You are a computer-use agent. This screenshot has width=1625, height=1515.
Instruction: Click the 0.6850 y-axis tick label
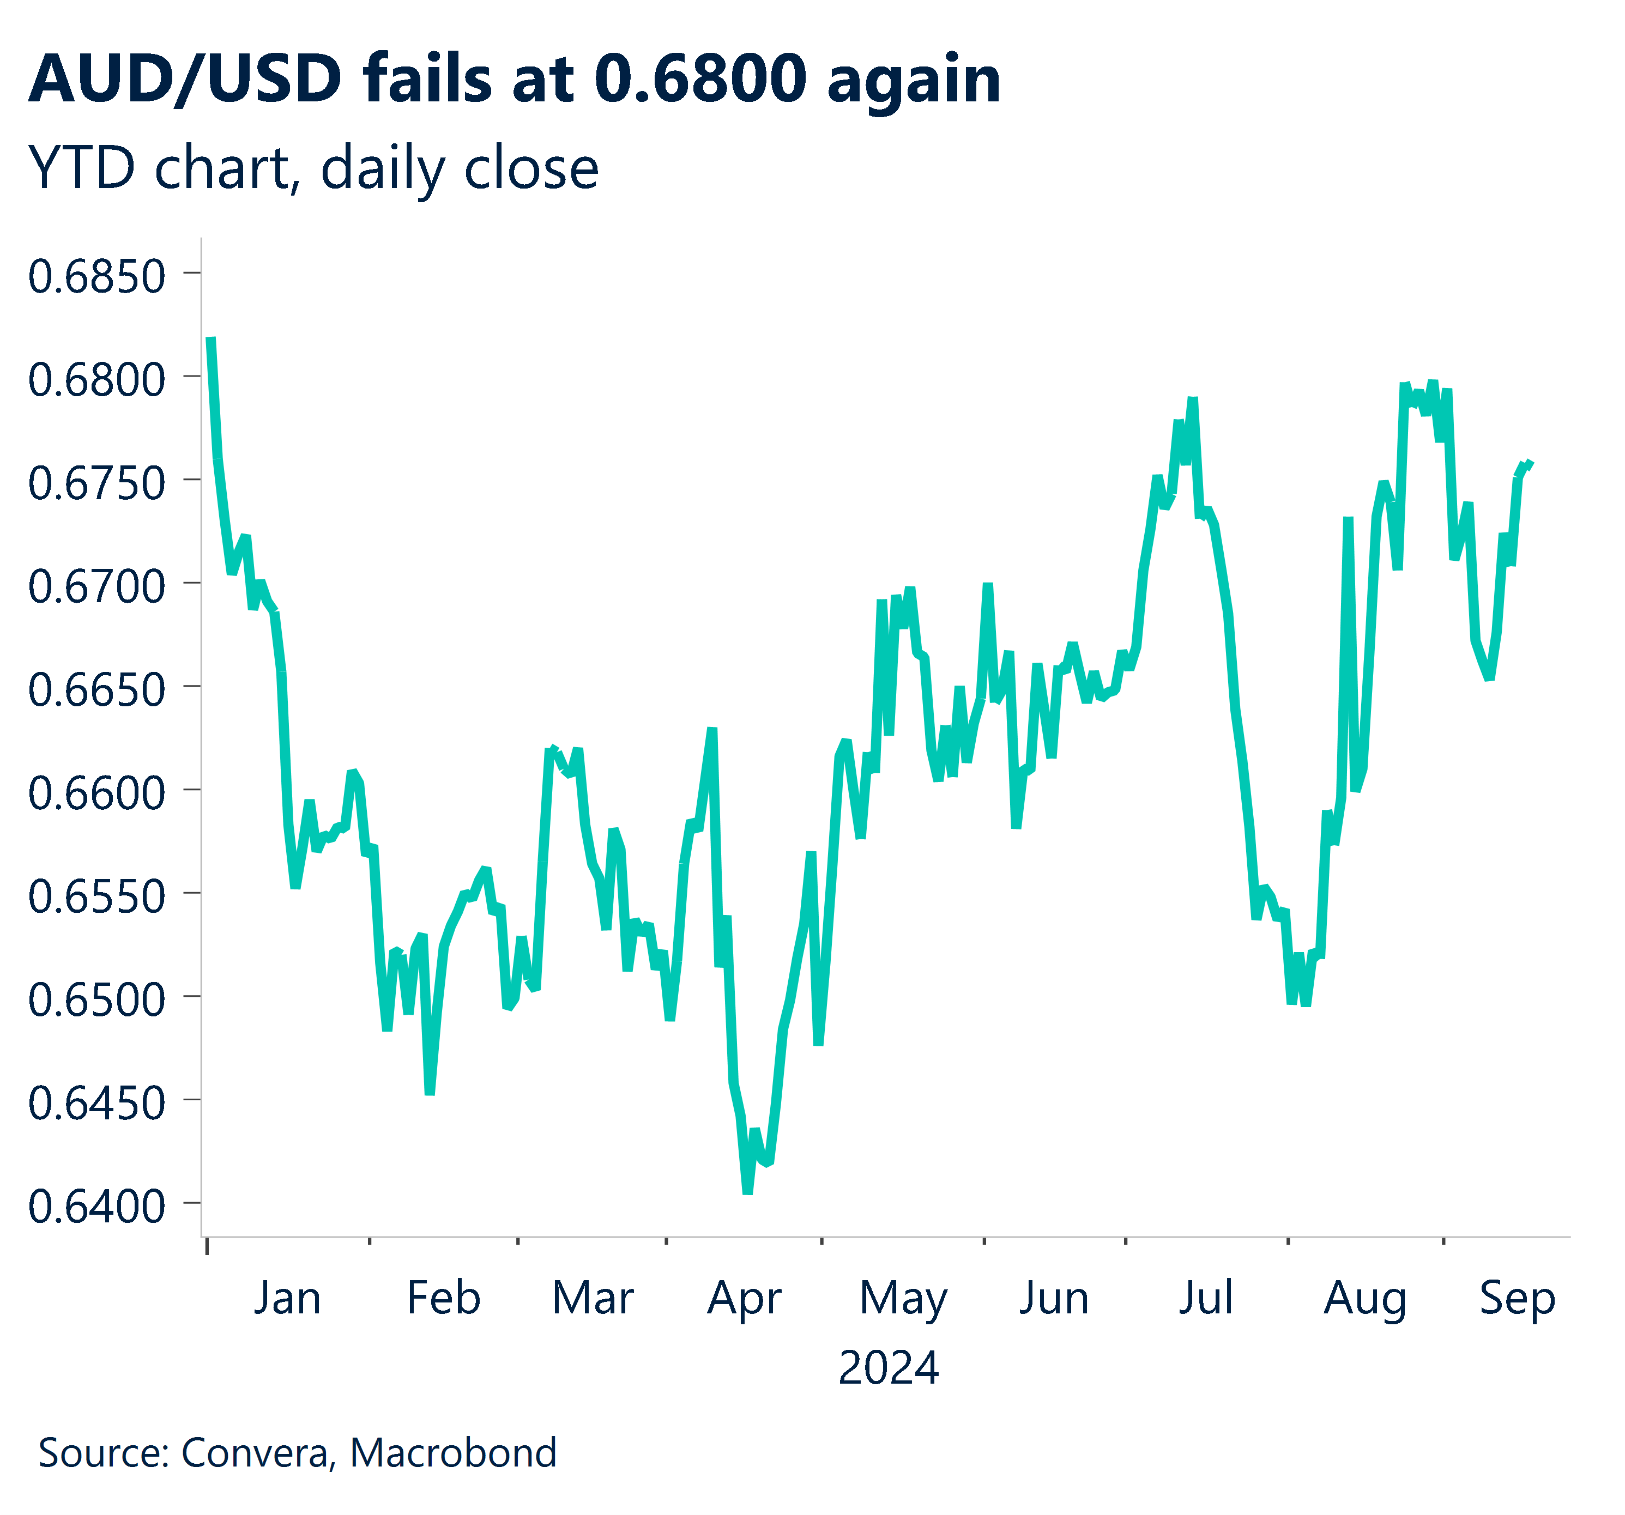pyautogui.click(x=96, y=276)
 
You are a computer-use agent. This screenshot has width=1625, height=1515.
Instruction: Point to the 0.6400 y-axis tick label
pyautogui.click(x=96, y=1207)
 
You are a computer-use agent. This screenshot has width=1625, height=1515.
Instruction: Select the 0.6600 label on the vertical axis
pyautogui.click(x=96, y=793)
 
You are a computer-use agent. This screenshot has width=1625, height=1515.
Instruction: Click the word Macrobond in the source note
pyautogui.click(x=453, y=1453)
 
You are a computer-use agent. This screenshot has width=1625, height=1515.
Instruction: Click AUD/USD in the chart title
pyautogui.click(x=185, y=79)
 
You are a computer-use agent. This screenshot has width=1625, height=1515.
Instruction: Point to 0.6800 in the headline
pyautogui.click(x=700, y=79)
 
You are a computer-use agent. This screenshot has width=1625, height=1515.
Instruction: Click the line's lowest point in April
pyautogui.click(x=747, y=1192)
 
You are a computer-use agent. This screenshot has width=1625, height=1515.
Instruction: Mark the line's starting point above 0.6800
pyautogui.click(x=211, y=338)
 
